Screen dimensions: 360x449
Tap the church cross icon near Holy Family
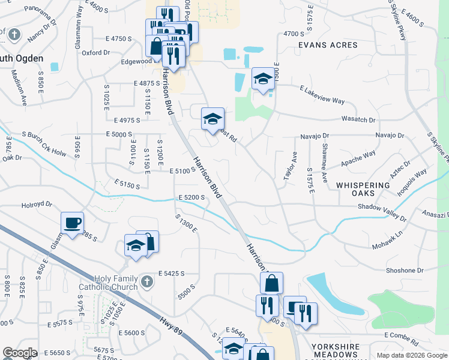(146, 280)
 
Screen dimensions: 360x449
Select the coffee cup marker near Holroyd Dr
(73, 223)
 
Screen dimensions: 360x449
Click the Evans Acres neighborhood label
(328, 45)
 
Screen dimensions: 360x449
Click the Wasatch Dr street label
(359, 120)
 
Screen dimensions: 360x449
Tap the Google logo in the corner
(20, 353)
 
